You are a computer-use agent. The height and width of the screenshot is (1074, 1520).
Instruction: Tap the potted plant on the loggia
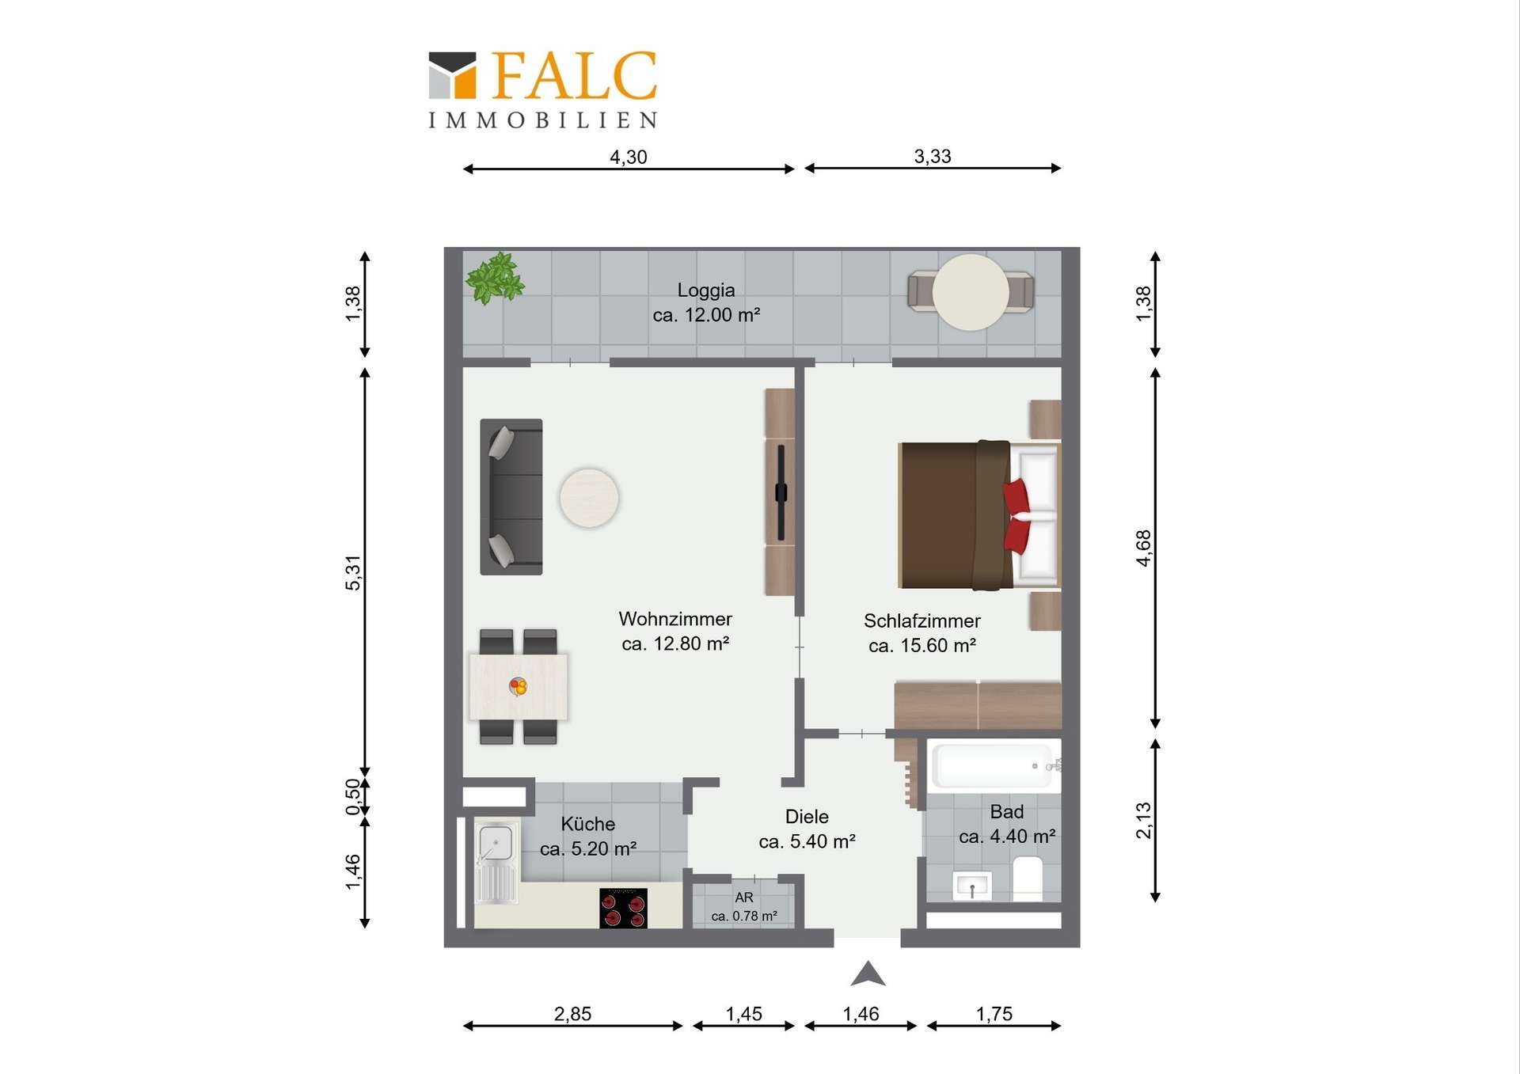(x=495, y=278)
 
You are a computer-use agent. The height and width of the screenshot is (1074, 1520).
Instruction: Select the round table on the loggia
(x=971, y=292)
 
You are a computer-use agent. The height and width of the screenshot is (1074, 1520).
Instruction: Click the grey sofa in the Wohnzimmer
(x=511, y=497)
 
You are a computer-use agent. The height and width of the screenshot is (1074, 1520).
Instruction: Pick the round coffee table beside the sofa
(x=589, y=498)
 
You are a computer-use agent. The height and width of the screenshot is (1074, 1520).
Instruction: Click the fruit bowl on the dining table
(x=518, y=686)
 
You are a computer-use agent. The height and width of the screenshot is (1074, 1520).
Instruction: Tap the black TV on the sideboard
(x=781, y=492)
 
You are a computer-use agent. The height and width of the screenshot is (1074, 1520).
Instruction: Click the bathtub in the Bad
(x=994, y=765)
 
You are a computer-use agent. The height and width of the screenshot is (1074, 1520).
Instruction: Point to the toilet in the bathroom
(x=1028, y=879)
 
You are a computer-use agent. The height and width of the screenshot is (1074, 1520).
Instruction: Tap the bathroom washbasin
(x=972, y=886)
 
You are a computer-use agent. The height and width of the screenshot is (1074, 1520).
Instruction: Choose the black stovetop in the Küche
(x=623, y=908)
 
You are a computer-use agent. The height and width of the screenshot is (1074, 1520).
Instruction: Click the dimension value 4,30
(x=629, y=157)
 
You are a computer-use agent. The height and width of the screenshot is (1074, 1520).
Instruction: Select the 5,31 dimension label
(x=353, y=573)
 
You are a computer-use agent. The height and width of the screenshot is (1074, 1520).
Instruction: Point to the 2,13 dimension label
(x=1144, y=821)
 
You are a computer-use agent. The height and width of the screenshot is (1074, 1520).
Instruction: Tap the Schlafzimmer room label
(x=922, y=620)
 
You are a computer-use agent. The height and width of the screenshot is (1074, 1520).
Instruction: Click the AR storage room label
(x=744, y=898)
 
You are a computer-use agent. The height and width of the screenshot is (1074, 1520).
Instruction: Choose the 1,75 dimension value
(x=994, y=1014)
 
